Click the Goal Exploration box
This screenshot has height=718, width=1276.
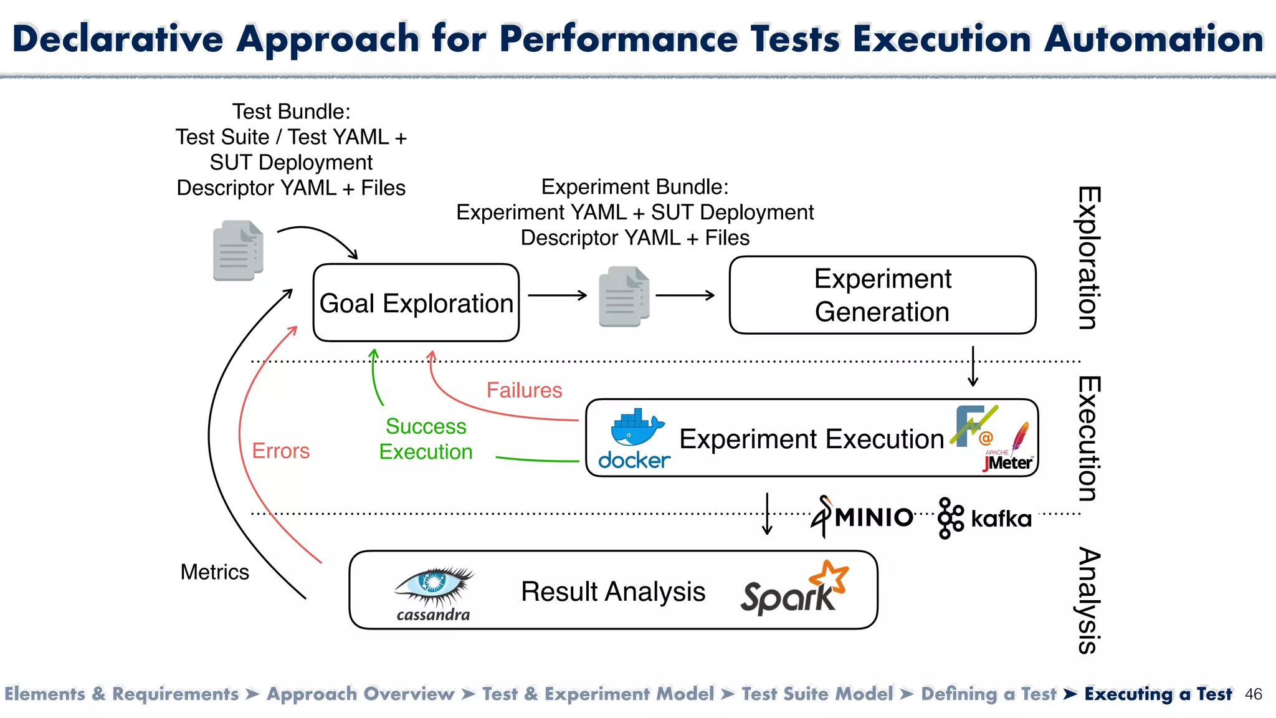pos(416,303)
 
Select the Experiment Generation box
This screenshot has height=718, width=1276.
pos(882,295)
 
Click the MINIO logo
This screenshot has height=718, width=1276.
pos(863,517)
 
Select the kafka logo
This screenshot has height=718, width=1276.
pos(984,518)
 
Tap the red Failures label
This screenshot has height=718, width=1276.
pos(524,390)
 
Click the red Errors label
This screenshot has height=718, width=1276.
pos(280,451)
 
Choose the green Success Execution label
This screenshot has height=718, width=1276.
pos(426,439)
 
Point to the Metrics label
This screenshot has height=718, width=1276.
pos(214,572)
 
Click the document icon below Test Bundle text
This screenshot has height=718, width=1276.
pos(238,250)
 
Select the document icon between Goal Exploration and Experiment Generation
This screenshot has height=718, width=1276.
pos(624,297)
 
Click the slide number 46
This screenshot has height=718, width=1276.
pos(1253,694)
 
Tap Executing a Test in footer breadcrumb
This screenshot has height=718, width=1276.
pos(1158,694)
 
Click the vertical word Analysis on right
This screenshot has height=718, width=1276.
pos(1088,600)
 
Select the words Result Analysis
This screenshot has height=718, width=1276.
pos(613,591)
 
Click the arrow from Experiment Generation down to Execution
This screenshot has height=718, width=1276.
pos(973,367)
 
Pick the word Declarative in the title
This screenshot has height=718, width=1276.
pos(118,39)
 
